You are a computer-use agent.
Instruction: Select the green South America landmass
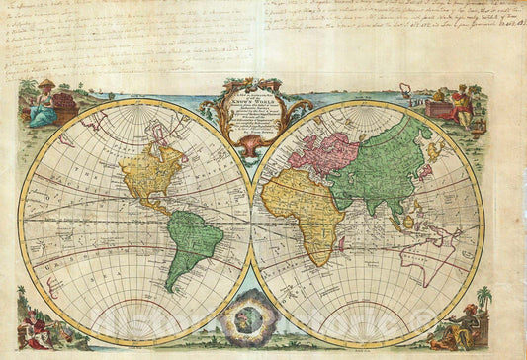pyautogui.click(x=192, y=243)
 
